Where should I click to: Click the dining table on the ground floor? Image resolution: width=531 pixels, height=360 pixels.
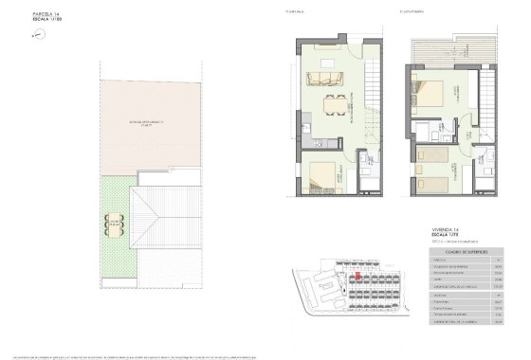tap(333, 103)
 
